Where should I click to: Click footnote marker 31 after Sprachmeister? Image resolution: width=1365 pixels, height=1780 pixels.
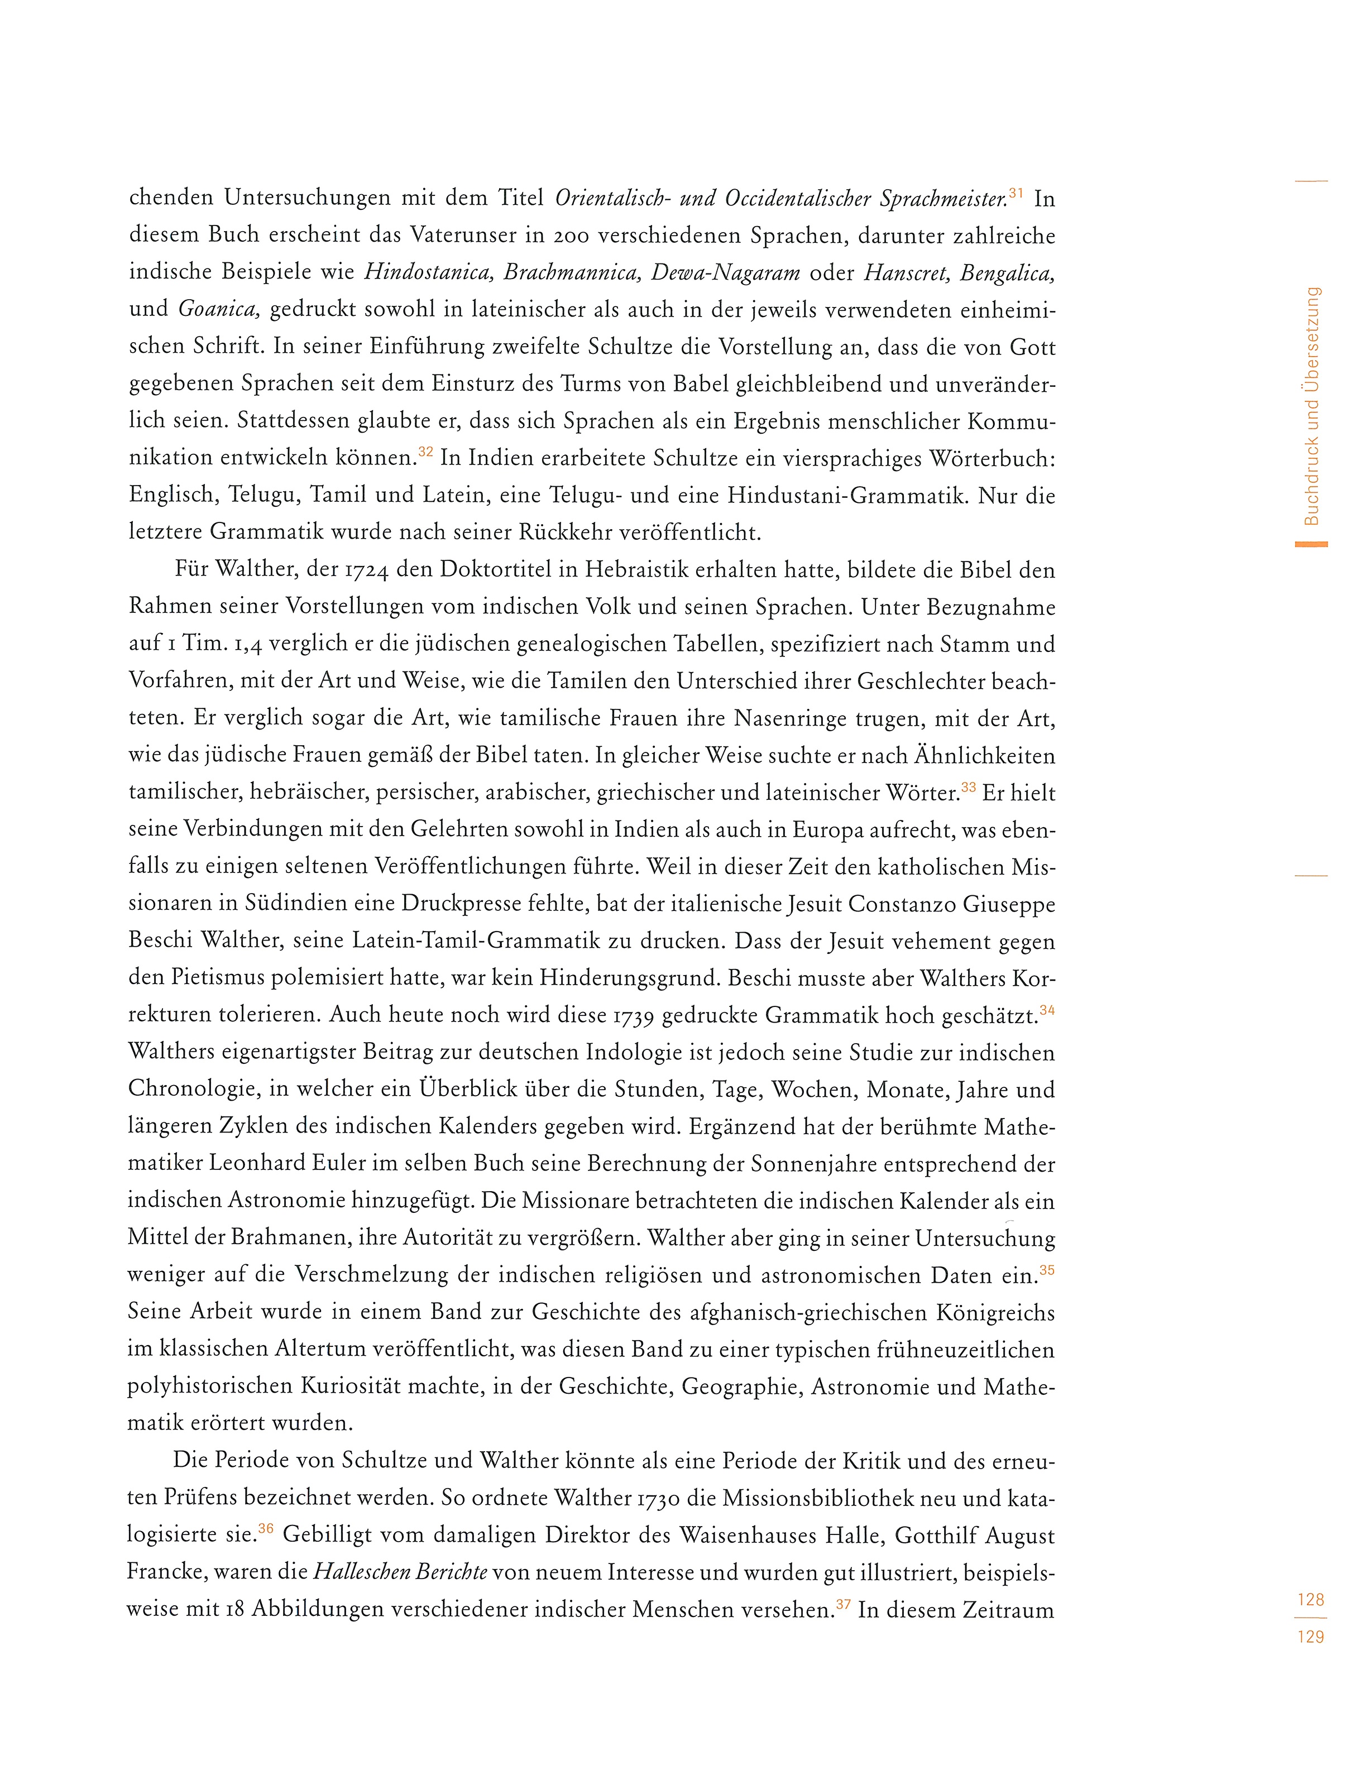point(1016,193)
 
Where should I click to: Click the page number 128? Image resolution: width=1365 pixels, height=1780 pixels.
point(1310,1600)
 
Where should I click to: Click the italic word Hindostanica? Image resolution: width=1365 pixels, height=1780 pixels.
point(428,273)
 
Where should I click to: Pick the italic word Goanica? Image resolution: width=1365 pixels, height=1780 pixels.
point(218,310)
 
